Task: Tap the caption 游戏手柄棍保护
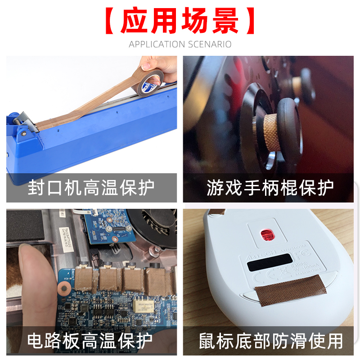point(270,188)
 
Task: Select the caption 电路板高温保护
point(90,341)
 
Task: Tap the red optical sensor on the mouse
point(266,234)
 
